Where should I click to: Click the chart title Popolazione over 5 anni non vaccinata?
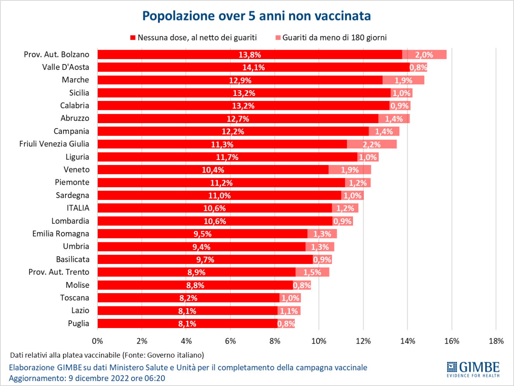pyautogui.click(x=256, y=16)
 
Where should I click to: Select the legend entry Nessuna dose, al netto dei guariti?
pyautogui.click(x=197, y=38)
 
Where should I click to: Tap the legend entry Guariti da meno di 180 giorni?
pyautogui.click(x=334, y=38)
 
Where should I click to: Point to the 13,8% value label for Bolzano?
pyautogui.click(x=249, y=55)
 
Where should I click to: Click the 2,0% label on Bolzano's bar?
pyautogui.click(x=424, y=55)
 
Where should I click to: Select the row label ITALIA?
pyautogui.click(x=78, y=208)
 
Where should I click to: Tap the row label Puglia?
pyautogui.click(x=78, y=323)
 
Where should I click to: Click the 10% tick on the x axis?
pyautogui.click(x=319, y=341)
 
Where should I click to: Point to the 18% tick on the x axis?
pyautogui.click(x=496, y=341)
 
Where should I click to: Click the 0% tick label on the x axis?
pyautogui.click(x=97, y=341)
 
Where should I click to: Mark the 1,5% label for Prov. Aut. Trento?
pyautogui.click(x=312, y=272)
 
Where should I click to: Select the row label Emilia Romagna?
pyautogui.click(x=61, y=234)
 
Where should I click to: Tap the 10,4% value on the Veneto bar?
pyautogui.click(x=213, y=170)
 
